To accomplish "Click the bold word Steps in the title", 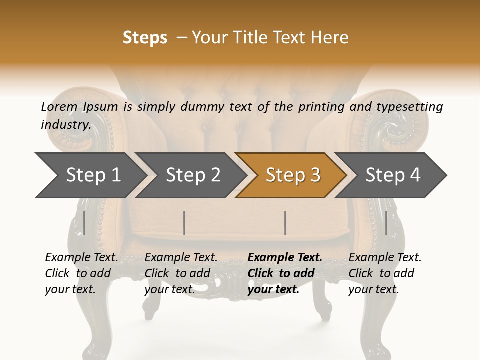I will (145, 38).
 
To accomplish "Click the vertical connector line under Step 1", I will (84, 223).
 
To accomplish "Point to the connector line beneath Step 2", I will (184, 223).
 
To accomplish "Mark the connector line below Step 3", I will (285, 223).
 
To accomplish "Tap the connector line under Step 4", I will (386, 223).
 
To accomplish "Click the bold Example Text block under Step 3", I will (285, 273).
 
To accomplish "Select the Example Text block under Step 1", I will (81, 273).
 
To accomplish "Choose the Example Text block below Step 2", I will (181, 273).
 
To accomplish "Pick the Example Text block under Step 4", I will (385, 273).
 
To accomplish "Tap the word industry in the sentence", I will (65, 125).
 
